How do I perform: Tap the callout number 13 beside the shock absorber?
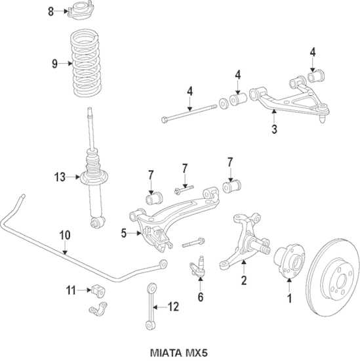[x=60, y=176]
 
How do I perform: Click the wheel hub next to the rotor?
[x=287, y=258]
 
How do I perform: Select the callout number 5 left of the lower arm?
[x=123, y=232]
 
